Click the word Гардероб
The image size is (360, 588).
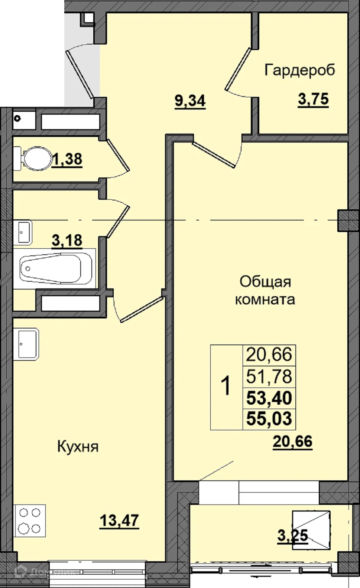[299, 70]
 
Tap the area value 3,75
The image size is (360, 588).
[313, 99]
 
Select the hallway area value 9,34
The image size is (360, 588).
[190, 101]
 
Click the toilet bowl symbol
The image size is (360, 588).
[33, 159]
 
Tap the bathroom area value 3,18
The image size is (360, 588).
[67, 240]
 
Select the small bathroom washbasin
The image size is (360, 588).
[23, 232]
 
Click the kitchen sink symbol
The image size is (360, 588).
[26, 344]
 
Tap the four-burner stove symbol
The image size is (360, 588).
[30, 520]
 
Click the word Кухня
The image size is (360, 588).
[78, 447]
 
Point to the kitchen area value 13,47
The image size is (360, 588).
[119, 520]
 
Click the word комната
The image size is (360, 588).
[265, 299]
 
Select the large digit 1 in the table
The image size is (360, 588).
[226, 386]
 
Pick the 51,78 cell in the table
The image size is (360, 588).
[269, 376]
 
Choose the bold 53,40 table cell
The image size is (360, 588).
[269, 398]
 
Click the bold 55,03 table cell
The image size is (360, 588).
[269, 419]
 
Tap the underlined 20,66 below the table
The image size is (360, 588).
[292, 441]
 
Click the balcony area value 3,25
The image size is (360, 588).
[292, 536]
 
